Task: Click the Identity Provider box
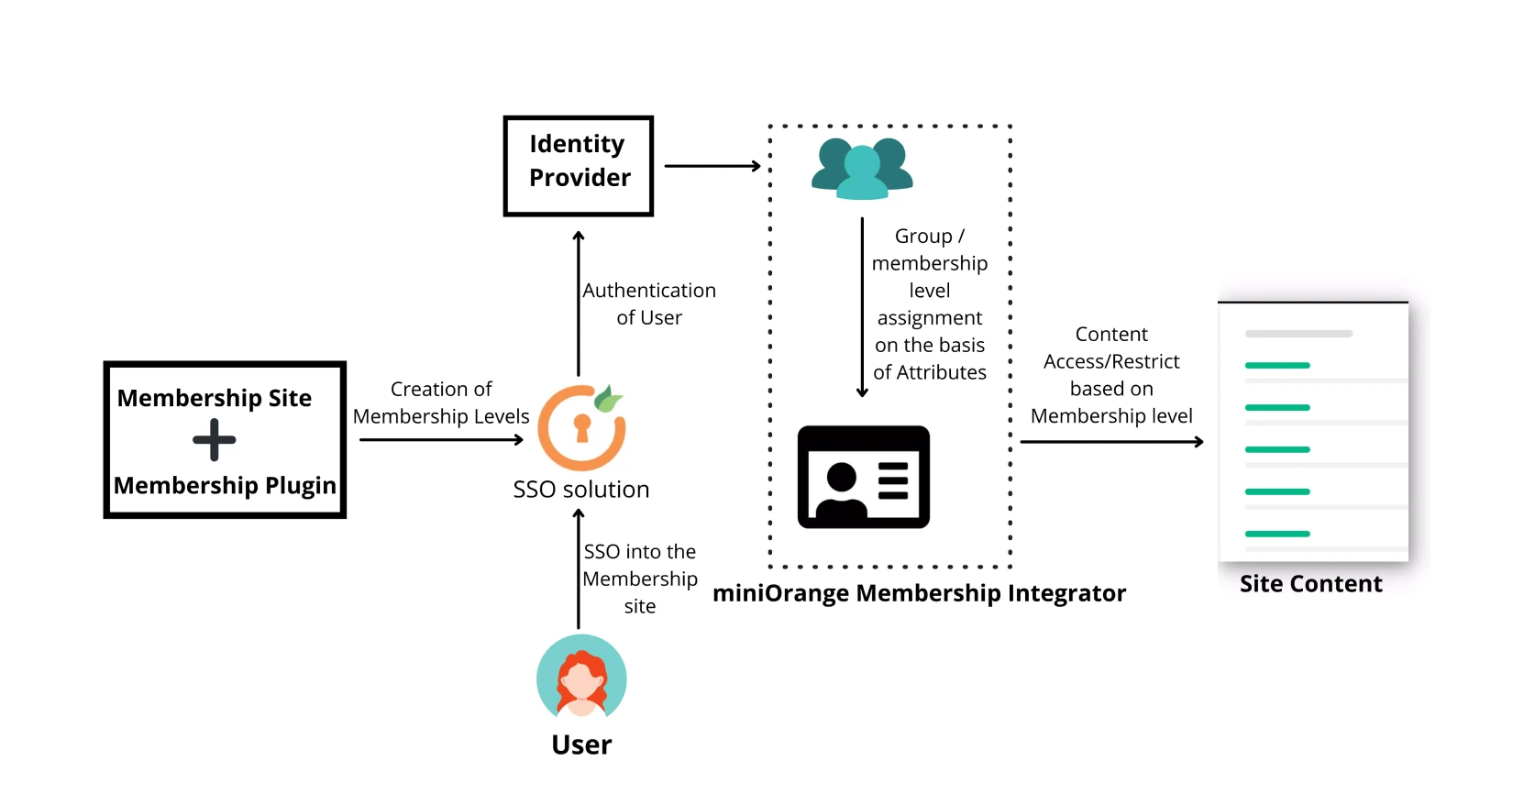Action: point(578,166)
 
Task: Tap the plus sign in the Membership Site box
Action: point(215,440)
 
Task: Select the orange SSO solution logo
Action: point(581,427)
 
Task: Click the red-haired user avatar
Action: point(581,679)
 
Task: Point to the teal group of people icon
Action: point(862,168)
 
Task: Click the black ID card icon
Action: point(863,477)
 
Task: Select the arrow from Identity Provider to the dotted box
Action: point(712,166)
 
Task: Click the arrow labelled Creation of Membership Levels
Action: point(441,440)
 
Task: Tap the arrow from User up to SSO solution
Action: point(579,568)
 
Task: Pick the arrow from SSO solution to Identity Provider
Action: point(579,303)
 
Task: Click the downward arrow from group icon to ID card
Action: point(862,307)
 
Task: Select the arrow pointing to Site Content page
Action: point(1111,442)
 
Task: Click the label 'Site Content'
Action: point(1310,584)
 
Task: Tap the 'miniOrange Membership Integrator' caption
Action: point(919,593)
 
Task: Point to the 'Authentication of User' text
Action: point(649,303)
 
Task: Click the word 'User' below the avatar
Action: point(581,744)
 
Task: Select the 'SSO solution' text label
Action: point(581,490)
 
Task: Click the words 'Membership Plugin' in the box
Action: point(225,485)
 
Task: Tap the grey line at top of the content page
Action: point(1298,334)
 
